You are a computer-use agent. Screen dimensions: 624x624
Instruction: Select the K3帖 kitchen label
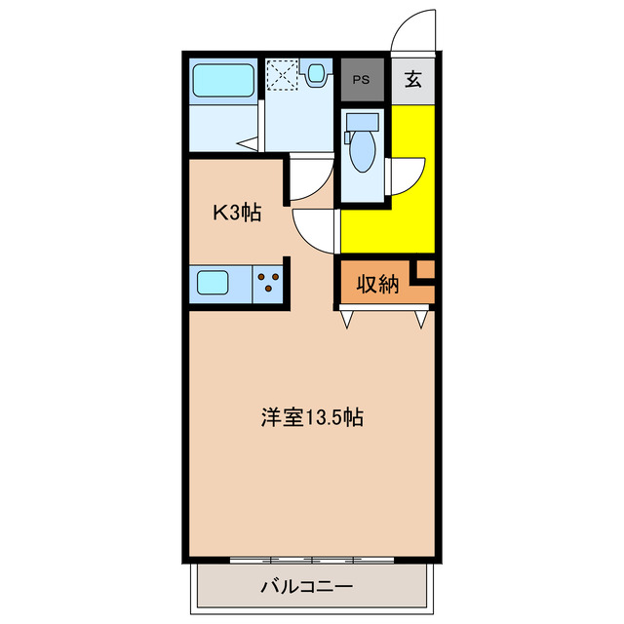pyautogui.click(x=237, y=212)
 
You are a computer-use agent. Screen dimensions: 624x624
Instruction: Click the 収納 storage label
pyautogui.click(x=377, y=285)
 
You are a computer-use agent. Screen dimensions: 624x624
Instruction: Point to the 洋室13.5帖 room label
pyautogui.click(x=311, y=418)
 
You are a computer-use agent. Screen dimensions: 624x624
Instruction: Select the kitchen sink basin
pyautogui.click(x=214, y=284)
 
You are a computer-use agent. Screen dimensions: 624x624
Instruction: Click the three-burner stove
pyautogui.click(x=268, y=284)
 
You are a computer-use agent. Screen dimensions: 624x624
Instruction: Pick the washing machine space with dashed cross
pyautogui.click(x=284, y=74)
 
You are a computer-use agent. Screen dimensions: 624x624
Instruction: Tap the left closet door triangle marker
pyautogui.click(x=346, y=318)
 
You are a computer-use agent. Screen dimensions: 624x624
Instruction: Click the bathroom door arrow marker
pyautogui.click(x=248, y=146)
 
